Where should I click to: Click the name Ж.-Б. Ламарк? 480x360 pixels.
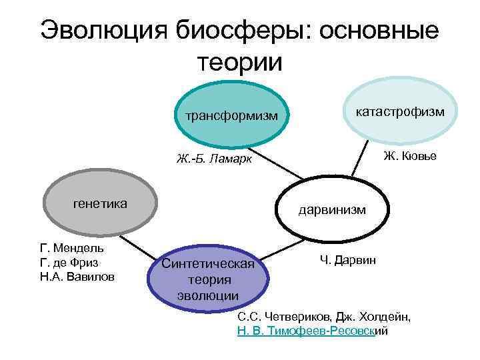pos(214,159)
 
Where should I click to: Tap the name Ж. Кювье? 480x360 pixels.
pos(410,156)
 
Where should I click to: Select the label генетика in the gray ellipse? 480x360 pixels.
pos(100,203)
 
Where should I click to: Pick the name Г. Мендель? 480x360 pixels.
pos(72,248)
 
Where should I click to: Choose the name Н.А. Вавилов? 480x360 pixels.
pos(77,276)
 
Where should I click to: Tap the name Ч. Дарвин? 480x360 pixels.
pos(347,259)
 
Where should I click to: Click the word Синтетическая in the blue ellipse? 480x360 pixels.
pos(208,264)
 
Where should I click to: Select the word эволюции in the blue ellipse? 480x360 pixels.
pos(208,295)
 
